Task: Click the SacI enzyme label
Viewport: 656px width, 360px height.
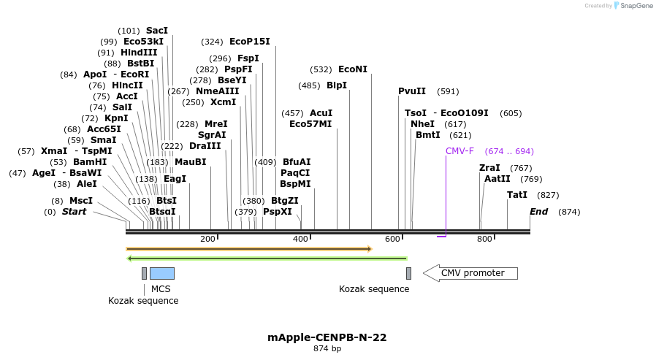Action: pyautogui.click(x=157, y=31)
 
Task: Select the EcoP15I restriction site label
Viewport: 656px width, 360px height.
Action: pyautogui.click(x=249, y=42)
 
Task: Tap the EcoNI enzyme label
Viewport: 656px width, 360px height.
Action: pyautogui.click(x=353, y=69)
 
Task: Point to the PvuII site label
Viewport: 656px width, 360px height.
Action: pyautogui.click(x=412, y=91)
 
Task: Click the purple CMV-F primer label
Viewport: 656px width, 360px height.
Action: pyautogui.click(x=459, y=151)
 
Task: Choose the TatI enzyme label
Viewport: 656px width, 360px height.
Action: pyautogui.click(x=517, y=195)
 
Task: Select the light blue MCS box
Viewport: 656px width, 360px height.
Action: pyautogui.click(x=161, y=273)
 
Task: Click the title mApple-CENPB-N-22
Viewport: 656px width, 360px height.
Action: pyautogui.click(x=327, y=337)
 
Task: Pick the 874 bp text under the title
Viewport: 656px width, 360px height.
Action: pyautogui.click(x=327, y=349)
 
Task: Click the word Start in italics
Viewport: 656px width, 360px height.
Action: pyautogui.click(x=74, y=212)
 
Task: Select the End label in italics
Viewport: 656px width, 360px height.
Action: pyautogui.click(x=538, y=212)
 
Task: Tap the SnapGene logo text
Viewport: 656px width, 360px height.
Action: pyautogui.click(x=635, y=6)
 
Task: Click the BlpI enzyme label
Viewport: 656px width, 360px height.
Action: pyautogui.click(x=337, y=85)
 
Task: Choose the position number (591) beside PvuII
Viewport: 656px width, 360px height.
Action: pyautogui.click(x=448, y=91)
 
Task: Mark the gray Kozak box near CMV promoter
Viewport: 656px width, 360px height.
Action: pyautogui.click(x=408, y=273)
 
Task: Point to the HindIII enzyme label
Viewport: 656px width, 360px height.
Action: pyautogui.click(x=139, y=53)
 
